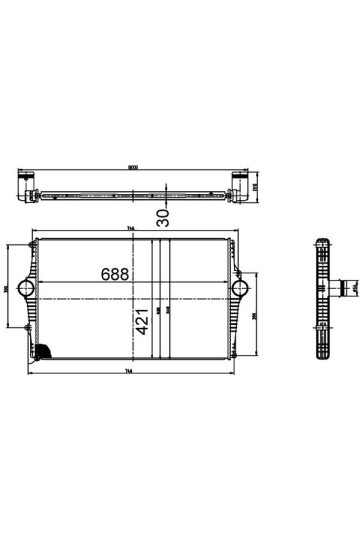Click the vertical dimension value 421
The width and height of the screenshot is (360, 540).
click(142, 322)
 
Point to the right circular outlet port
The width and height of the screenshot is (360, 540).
click(238, 288)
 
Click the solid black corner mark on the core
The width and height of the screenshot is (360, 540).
click(45, 352)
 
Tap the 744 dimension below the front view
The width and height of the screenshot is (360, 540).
click(131, 372)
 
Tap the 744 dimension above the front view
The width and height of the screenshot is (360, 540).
click(131, 229)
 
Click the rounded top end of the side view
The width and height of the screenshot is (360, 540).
click(323, 244)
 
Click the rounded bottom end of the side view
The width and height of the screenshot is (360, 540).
click(323, 354)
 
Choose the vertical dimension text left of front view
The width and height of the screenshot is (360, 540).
click(7, 289)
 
